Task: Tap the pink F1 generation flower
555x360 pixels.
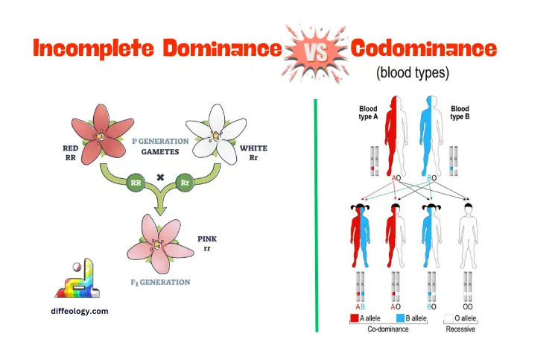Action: (x=158, y=242)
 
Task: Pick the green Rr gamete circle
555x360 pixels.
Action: (x=185, y=180)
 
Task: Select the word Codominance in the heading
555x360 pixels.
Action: (x=423, y=49)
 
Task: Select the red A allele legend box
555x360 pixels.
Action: (x=356, y=318)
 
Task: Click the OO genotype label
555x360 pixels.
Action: (x=466, y=306)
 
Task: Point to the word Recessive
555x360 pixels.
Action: (x=461, y=329)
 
